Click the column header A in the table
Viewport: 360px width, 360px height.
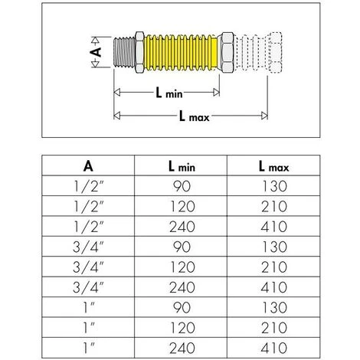point(88,165)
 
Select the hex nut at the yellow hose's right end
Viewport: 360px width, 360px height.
point(227,54)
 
